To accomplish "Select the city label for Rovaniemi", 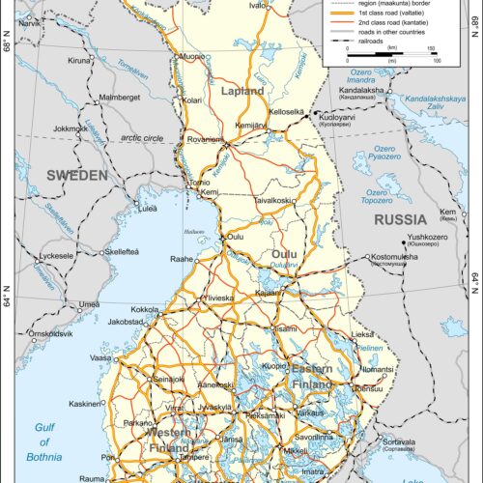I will tap(205, 137).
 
